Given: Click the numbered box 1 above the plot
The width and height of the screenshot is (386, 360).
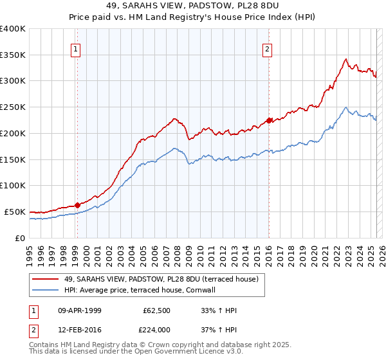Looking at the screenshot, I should click(x=76, y=48).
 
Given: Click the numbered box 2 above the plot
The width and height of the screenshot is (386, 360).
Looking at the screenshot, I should click(x=267, y=48).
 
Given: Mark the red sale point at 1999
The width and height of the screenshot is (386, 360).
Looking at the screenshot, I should click(x=77, y=205).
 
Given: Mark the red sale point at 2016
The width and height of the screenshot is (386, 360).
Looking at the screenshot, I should click(x=269, y=120).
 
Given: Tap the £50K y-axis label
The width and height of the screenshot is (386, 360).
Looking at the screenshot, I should click(x=14, y=212).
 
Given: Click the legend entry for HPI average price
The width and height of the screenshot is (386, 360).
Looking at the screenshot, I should click(x=139, y=290).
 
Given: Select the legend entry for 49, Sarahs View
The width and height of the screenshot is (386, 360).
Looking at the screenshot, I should click(x=161, y=279).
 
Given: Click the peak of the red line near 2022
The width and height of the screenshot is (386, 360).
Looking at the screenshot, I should click(x=346, y=59).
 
